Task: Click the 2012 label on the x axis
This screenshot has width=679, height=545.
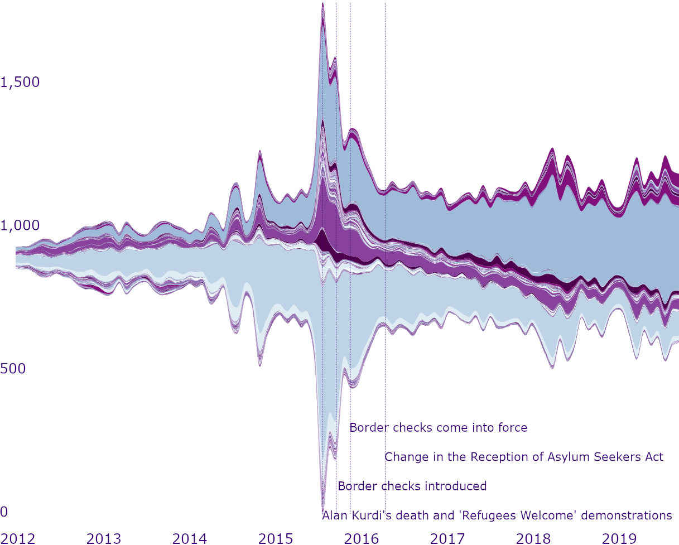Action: pyautogui.click(x=18, y=538)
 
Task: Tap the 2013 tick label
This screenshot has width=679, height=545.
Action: pyautogui.click(x=104, y=538)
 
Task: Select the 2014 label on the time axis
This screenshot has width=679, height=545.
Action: pyautogui.click(x=190, y=538)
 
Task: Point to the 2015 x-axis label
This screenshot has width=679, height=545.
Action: pyautogui.click(x=276, y=538)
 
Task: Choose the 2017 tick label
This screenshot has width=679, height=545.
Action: pyautogui.click(x=447, y=538)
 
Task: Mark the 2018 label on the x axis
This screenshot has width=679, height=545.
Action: pyautogui.click(x=533, y=538)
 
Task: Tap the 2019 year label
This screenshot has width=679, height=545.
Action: pyautogui.click(x=619, y=538)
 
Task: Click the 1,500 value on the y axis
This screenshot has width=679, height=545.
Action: pyautogui.click(x=20, y=83)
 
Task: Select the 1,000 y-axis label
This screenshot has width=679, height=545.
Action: pyautogui.click(x=20, y=226)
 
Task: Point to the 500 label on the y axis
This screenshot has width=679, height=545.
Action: pyautogui.click(x=13, y=369)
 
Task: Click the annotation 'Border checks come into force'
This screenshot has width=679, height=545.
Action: pyautogui.click(x=438, y=428)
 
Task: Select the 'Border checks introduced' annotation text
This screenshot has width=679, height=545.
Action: pyautogui.click(x=412, y=486)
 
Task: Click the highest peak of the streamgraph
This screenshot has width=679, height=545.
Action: pyautogui.click(x=322, y=4)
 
